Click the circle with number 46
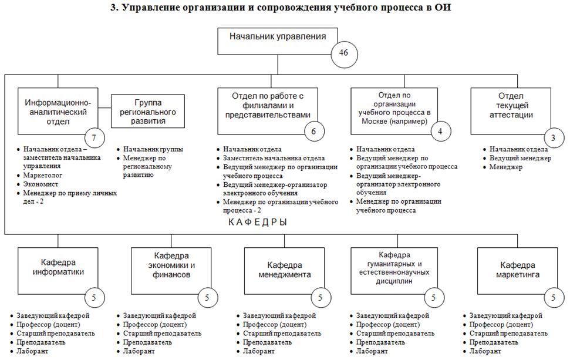(344, 53)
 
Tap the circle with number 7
(95, 139)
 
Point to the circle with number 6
(313, 132)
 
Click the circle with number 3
(552, 139)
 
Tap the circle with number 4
(440, 132)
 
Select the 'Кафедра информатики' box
(62, 268)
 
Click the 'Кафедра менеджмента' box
(284, 270)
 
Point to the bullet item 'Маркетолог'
(43, 175)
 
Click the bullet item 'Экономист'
(41, 184)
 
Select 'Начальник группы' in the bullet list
(153, 149)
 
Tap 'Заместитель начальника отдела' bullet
(274, 158)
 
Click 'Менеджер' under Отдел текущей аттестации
(506, 167)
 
